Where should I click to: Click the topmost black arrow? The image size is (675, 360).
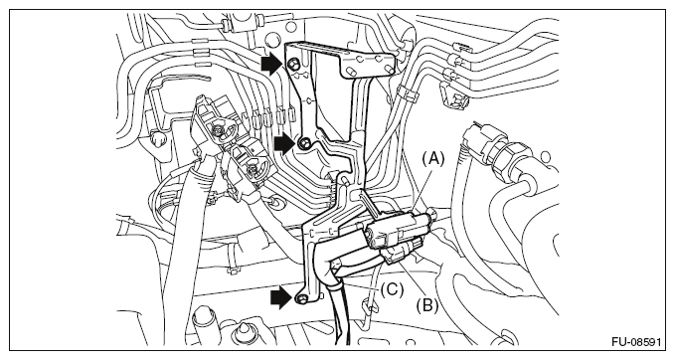[x=271, y=65]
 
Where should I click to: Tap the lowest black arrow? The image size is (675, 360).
[x=281, y=298]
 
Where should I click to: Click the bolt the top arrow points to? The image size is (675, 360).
[x=293, y=65]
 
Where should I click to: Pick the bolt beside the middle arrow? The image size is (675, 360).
[x=304, y=142]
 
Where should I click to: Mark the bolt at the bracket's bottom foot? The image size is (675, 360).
[x=301, y=299]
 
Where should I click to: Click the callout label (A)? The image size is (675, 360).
[x=432, y=159]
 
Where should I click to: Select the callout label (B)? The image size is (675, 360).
[x=427, y=305]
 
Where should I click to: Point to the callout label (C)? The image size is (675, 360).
[x=392, y=289]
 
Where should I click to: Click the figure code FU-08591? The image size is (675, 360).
[x=636, y=342]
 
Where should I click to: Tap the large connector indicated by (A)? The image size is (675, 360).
[x=398, y=229]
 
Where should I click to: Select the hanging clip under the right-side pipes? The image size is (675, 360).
[x=453, y=96]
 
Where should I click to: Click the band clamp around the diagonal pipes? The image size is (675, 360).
[x=407, y=92]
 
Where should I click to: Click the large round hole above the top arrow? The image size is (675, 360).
[x=272, y=40]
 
